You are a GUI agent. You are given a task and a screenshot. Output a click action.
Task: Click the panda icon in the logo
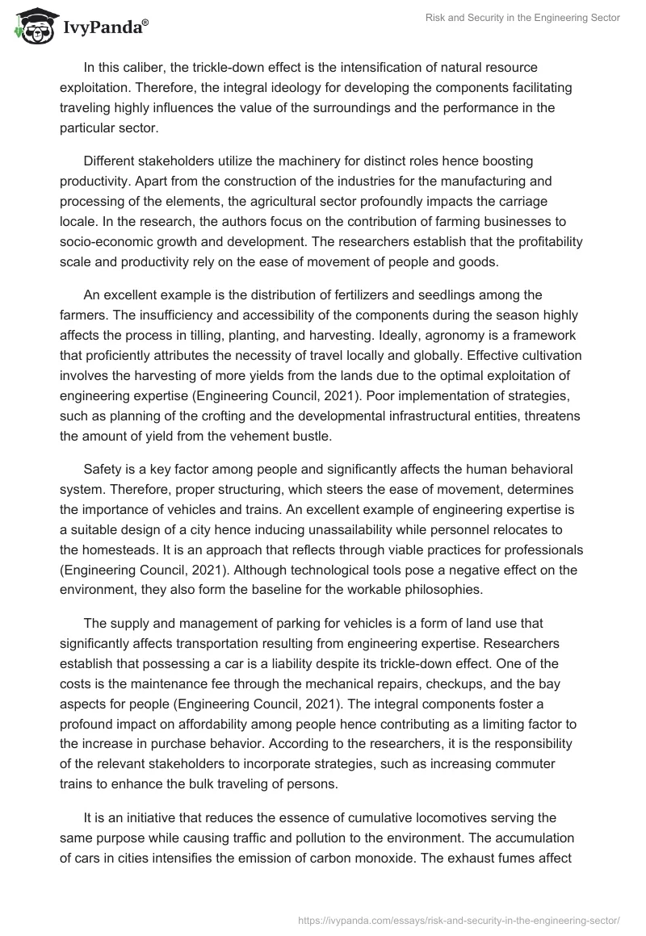click(30, 27)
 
